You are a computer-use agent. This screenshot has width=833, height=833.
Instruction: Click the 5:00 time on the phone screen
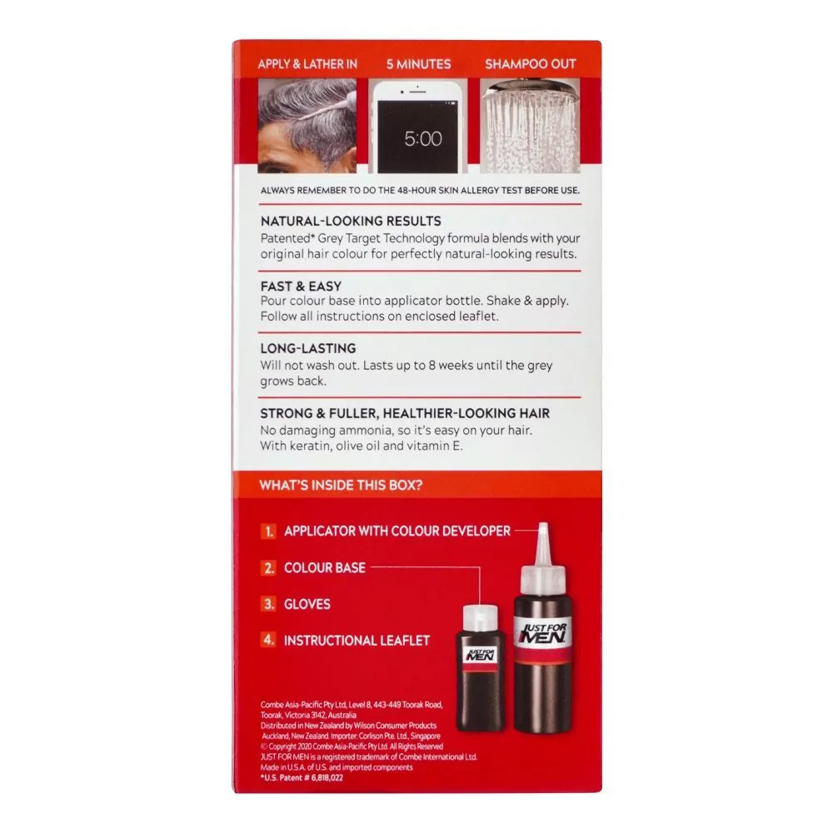(423, 138)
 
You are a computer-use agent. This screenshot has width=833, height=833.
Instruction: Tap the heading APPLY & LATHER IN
(307, 64)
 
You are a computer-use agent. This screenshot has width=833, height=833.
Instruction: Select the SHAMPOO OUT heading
(530, 64)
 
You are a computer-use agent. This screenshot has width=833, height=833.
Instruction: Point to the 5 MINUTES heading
(419, 64)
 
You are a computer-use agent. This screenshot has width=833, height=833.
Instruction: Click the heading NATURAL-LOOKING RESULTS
(351, 221)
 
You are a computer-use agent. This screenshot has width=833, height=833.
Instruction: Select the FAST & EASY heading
(301, 287)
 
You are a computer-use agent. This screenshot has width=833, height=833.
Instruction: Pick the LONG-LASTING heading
(308, 348)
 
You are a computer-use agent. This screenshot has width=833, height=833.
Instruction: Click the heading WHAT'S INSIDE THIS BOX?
(341, 485)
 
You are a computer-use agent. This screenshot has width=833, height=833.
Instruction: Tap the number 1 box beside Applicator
(269, 531)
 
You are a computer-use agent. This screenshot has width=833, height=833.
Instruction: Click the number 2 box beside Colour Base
(269, 568)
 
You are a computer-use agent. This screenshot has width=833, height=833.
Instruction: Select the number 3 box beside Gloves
(269, 604)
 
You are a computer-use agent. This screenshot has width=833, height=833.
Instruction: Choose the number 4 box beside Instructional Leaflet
(269, 640)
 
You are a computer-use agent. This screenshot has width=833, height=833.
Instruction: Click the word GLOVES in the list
(307, 604)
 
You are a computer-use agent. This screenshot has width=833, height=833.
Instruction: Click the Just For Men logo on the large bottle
(543, 634)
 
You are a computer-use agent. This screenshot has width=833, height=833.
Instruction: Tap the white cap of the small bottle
(481, 619)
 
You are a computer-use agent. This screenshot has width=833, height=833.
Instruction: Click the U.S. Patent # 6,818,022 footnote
(302, 778)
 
